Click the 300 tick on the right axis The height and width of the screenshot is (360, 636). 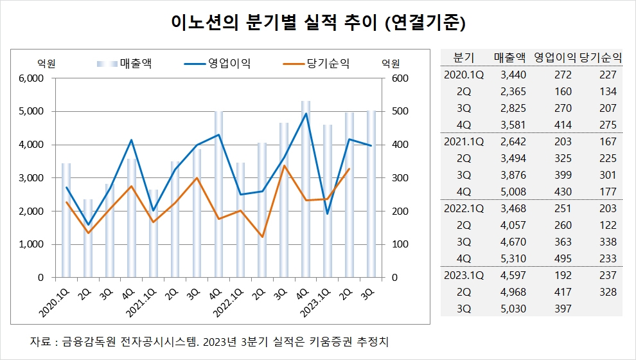(x=393, y=178)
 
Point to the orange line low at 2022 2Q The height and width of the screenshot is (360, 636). (x=262, y=237)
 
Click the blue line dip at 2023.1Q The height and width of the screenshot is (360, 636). (x=328, y=213)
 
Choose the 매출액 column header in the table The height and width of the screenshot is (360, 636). (x=511, y=57)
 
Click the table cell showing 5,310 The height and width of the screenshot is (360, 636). (x=513, y=258)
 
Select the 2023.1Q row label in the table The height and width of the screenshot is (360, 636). (x=463, y=275)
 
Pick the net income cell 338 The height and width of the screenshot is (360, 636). (x=606, y=242)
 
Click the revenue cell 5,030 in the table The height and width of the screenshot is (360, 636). (x=513, y=309)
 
